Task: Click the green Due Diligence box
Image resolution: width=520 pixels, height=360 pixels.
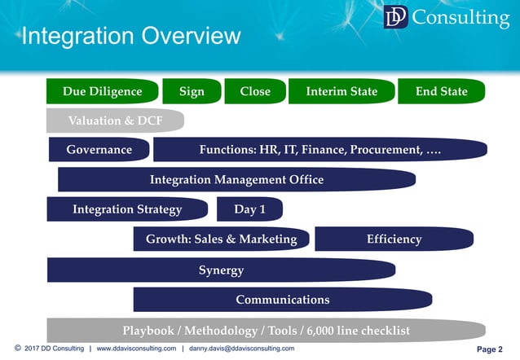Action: point(102,91)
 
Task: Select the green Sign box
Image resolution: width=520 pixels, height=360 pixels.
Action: point(192,91)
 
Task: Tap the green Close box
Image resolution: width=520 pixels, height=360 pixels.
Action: point(255,91)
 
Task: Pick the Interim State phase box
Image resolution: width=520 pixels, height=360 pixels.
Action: point(342,91)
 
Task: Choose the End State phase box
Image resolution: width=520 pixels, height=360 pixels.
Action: point(443,91)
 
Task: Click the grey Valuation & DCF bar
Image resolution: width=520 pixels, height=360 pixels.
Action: point(114,121)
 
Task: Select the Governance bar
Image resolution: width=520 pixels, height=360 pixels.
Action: point(99,150)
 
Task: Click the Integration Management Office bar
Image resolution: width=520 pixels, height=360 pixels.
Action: point(236,179)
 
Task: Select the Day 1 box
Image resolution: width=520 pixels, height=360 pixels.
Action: point(249,209)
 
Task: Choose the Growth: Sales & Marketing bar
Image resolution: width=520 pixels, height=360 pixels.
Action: point(222,239)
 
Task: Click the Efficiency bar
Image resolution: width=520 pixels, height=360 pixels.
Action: point(394,239)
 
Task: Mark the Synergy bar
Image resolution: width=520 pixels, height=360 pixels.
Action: point(221,270)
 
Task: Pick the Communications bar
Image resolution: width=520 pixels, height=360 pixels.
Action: point(282,299)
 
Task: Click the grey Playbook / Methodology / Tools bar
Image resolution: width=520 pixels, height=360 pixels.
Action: point(266,330)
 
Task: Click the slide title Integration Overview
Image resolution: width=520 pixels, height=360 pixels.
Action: point(131,37)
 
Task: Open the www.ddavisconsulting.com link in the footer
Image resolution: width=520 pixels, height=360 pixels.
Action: point(136,349)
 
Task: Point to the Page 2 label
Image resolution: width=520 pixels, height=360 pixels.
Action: point(489,349)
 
